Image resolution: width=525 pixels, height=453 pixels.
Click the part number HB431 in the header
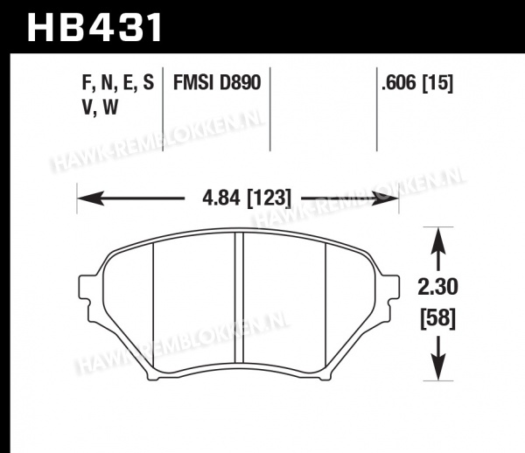point(94,27)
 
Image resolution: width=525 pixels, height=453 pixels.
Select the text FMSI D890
point(217,82)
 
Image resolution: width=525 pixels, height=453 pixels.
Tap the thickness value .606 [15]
point(417,82)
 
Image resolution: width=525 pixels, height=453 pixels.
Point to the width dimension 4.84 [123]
point(247,198)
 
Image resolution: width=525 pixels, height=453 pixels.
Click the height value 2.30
point(437,287)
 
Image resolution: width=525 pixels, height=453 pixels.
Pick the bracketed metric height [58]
point(438,318)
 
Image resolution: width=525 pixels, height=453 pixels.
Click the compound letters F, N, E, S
point(118,83)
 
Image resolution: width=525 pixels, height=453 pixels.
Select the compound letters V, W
point(100,108)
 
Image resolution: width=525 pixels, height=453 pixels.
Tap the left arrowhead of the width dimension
point(90,199)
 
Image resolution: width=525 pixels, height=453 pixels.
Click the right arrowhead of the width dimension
point(386,199)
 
